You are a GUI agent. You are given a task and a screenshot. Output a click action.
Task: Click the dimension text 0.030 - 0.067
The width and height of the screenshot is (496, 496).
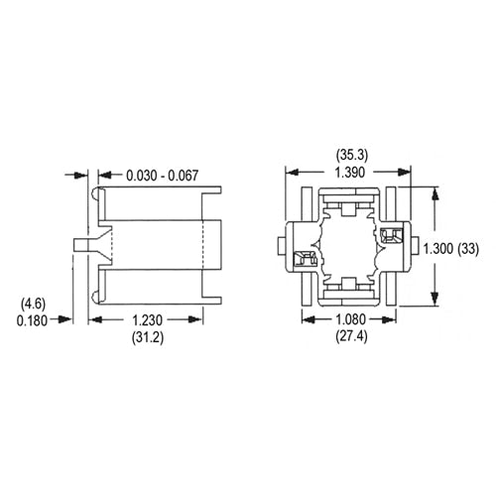pyautogui.click(x=163, y=176)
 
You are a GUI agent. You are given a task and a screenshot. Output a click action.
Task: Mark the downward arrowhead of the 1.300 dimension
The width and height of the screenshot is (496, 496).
pyautogui.click(x=433, y=304)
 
